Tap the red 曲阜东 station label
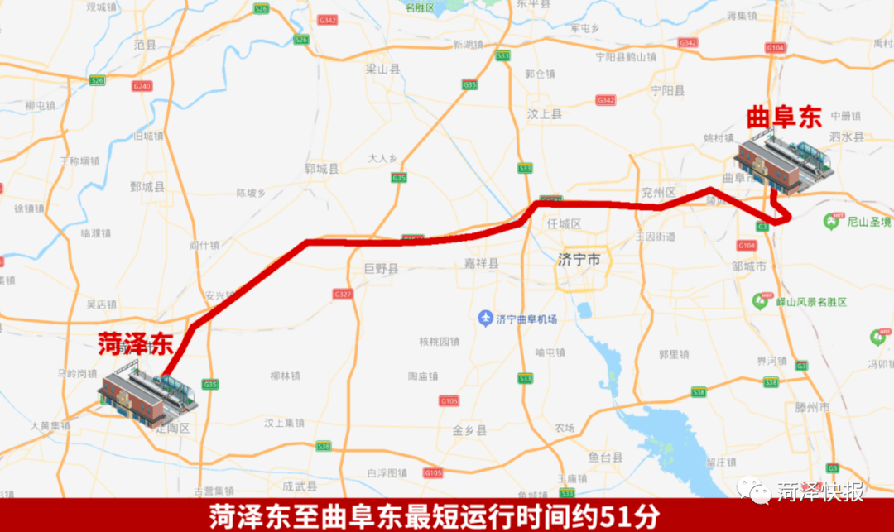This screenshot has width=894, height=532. [783, 117]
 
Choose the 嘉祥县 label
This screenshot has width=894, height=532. [481, 264]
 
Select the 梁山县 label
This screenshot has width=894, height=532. [382, 70]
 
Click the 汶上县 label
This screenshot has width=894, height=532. [545, 114]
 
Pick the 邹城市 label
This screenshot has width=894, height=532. [750, 266]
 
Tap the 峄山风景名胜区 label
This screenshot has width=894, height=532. [810, 302]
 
